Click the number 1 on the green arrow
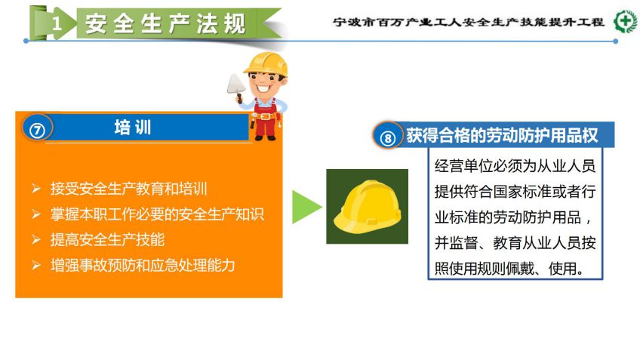tap(57, 23)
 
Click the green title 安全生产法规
tap(166, 23)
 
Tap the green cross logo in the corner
tap(626, 21)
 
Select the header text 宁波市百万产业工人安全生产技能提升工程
tap(469, 22)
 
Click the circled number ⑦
tap(37, 131)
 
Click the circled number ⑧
tap(387, 138)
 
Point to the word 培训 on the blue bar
tap(133, 128)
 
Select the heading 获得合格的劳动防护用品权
tap(502, 136)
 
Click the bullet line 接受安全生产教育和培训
tap(128, 189)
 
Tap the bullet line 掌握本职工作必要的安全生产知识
tap(157, 214)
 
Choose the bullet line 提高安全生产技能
tap(107, 239)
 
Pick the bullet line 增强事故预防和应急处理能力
tap(143, 266)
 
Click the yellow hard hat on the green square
tap(368, 207)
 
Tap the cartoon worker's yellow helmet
tap(266, 63)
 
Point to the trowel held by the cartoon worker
tap(236, 87)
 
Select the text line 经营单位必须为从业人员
tap(515, 166)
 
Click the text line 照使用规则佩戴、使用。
tap(509, 269)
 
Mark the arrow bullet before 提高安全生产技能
tap(36, 239)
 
